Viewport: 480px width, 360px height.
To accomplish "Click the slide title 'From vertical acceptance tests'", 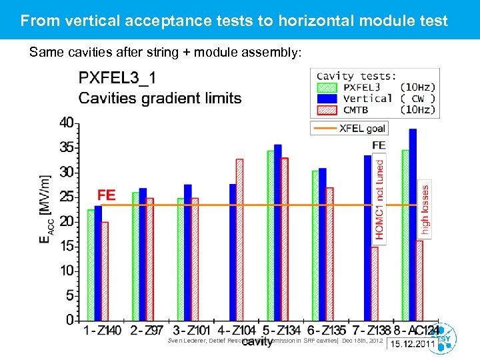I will tap(233, 21).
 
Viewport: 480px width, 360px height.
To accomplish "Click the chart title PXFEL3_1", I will tap(118, 79).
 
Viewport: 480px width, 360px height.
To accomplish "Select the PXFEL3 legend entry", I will tap(360, 87).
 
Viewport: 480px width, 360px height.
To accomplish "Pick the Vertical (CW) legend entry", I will tap(360, 98).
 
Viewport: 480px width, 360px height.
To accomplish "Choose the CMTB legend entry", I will tap(360, 109).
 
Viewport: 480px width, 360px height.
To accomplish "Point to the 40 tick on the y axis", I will tap(67, 123).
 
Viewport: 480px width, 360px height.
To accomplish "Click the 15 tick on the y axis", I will tap(67, 247).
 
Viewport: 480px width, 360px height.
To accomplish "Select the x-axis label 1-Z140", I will tap(103, 330).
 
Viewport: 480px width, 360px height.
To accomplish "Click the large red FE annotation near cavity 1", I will tap(107, 195).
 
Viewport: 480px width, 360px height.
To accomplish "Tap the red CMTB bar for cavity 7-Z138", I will tap(375, 283).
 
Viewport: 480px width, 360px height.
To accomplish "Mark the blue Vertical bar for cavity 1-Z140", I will tap(98, 263).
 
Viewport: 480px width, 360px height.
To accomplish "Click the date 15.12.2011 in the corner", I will tap(413, 344).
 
